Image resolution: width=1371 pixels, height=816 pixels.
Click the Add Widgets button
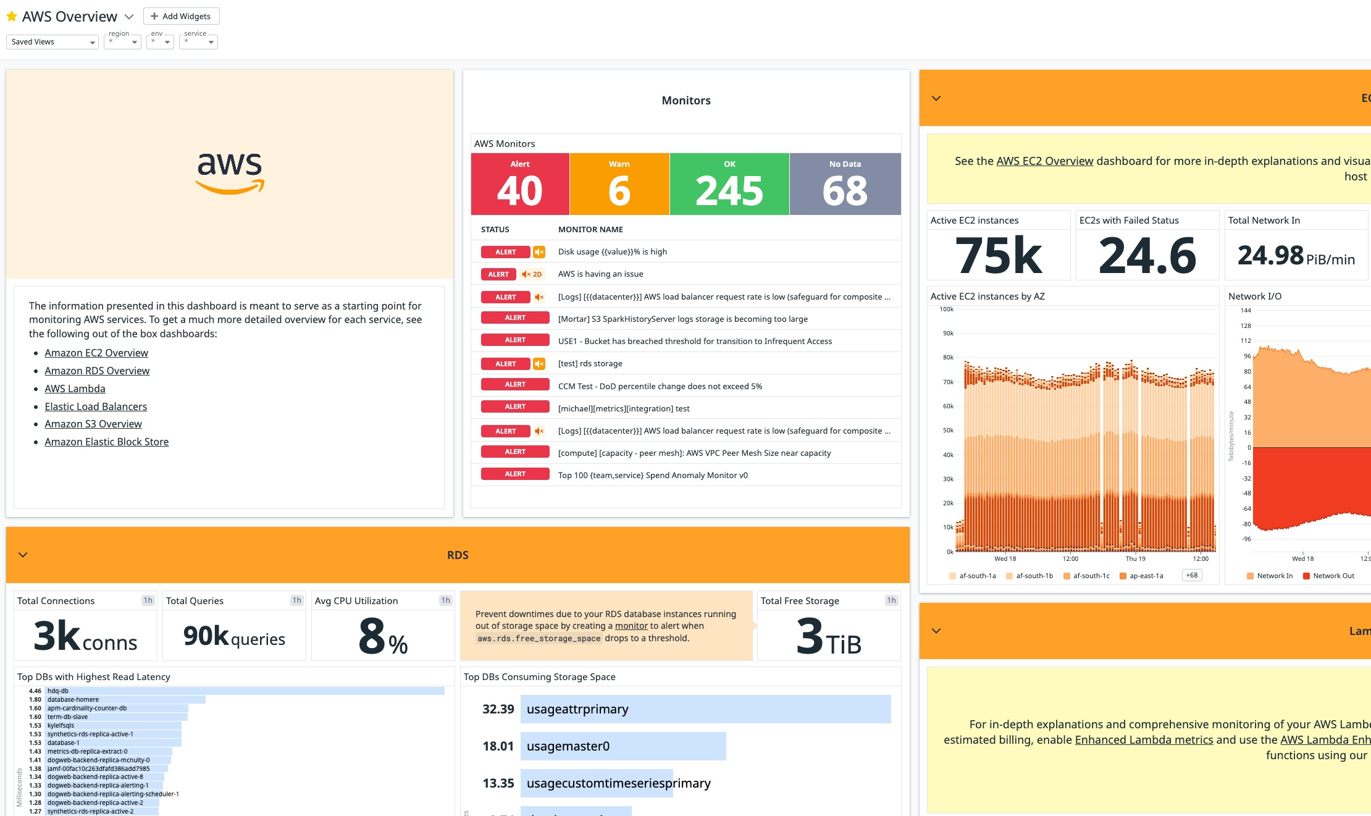pyautogui.click(x=181, y=16)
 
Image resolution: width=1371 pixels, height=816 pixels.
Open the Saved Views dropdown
pyautogui.click(x=52, y=42)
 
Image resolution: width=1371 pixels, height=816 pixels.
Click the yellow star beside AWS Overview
pyautogui.click(x=11, y=17)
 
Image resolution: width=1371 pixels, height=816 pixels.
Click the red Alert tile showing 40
pyautogui.click(x=519, y=184)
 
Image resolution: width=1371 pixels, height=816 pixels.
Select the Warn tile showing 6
pyautogui.click(x=619, y=184)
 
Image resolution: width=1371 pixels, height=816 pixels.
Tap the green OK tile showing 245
pyautogui.click(x=729, y=184)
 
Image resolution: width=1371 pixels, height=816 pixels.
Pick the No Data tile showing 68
pyautogui.click(x=844, y=184)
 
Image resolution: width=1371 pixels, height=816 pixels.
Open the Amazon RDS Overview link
pyautogui.click(x=97, y=371)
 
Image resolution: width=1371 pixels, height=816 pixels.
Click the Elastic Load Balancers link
pyautogui.click(x=96, y=406)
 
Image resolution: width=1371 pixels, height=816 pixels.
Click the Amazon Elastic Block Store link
pyautogui.click(x=106, y=442)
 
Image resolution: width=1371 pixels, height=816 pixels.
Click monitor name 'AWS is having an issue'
pyautogui.click(x=600, y=274)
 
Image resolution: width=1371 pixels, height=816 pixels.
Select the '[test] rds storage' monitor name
pyautogui.click(x=590, y=364)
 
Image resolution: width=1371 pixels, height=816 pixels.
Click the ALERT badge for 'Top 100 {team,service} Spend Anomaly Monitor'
pyautogui.click(x=514, y=474)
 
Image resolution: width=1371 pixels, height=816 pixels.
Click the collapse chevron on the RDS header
pyautogui.click(x=23, y=555)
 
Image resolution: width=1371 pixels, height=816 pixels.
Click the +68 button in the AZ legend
pyautogui.click(x=1191, y=576)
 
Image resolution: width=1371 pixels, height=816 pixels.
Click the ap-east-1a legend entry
pyautogui.click(x=1146, y=576)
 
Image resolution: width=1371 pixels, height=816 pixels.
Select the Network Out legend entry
pyautogui.click(x=1333, y=576)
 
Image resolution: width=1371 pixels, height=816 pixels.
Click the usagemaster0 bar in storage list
pyautogui.click(x=623, y=746)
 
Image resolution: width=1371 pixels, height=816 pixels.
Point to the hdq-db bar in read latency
pyautogui.click(x=245, y=691)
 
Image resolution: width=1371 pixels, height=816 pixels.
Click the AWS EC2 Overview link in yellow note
pyautogui.click(x=1044, y=161)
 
